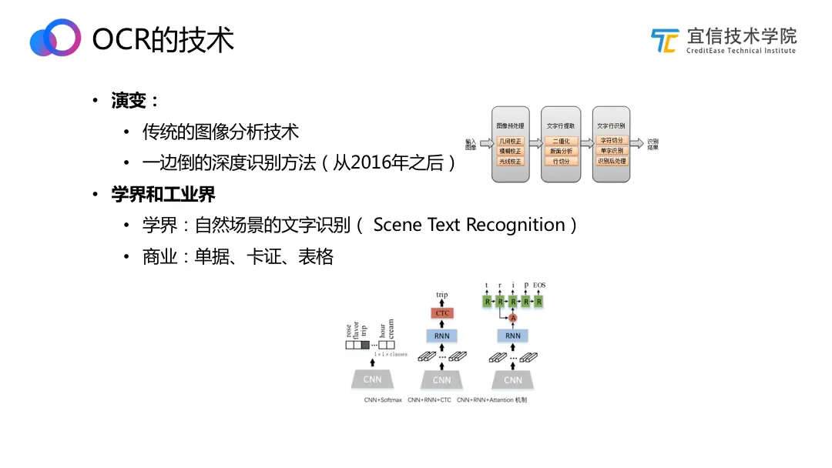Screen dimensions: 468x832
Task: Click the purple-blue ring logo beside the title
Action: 55,38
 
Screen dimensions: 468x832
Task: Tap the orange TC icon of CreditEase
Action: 665,40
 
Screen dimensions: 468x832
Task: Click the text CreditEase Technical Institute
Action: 740,51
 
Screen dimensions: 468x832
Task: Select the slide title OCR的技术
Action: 163,39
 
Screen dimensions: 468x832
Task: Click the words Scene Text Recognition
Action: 469,225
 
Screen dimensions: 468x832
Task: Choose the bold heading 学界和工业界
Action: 163,194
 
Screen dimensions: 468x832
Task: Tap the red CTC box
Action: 442,313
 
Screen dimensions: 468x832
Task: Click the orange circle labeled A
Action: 513,318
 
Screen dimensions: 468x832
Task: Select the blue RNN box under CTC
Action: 442,336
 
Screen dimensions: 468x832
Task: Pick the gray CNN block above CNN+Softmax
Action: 371,379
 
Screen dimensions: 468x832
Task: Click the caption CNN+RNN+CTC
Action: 429,400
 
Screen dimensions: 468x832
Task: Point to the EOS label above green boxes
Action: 539,286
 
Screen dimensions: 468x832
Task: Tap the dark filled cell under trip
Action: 365,346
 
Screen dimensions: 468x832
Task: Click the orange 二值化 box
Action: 561,142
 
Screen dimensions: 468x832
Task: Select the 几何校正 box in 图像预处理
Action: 511,142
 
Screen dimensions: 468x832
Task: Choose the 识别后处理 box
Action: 612,162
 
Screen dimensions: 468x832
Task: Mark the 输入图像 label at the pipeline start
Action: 471,144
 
